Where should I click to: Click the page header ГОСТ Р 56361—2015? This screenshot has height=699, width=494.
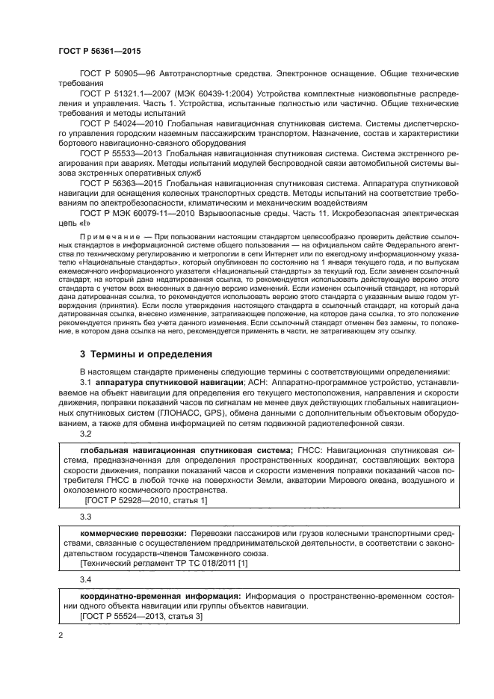99,49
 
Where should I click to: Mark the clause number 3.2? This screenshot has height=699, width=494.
85,434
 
